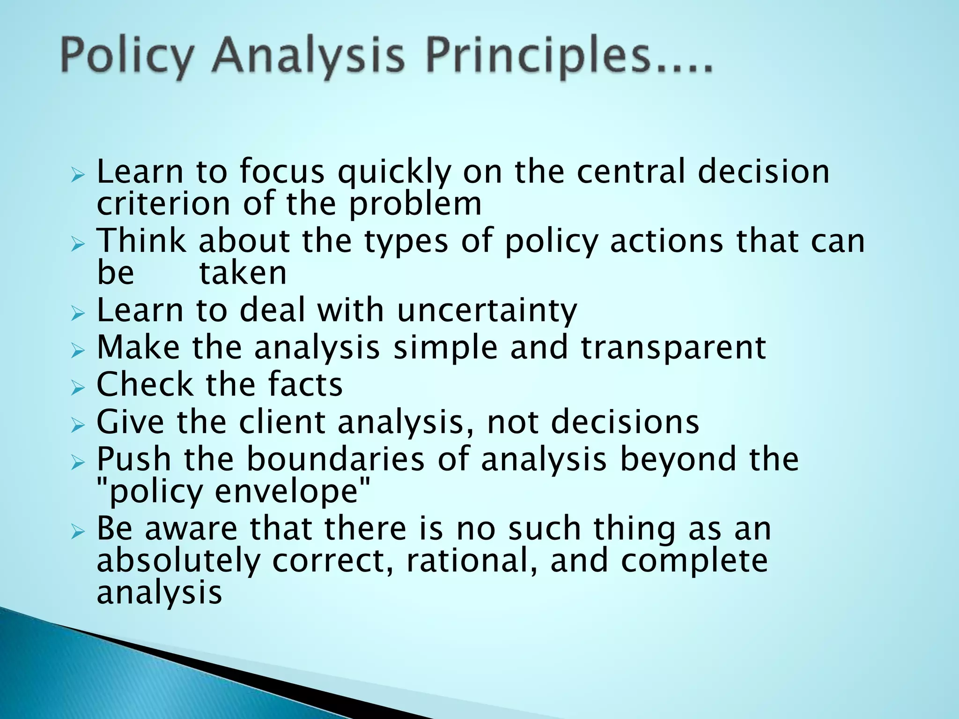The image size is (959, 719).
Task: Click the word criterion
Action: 163,204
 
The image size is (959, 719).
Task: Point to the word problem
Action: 415,205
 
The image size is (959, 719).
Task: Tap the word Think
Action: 141,241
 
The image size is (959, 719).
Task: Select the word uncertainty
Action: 487,311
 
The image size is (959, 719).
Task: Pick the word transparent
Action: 673,348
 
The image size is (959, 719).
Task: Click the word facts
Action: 305,385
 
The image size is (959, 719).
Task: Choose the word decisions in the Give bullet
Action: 625,422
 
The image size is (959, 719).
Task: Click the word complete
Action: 694,561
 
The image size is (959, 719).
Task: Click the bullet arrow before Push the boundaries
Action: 78,462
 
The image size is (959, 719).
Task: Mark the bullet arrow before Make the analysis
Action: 78,350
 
